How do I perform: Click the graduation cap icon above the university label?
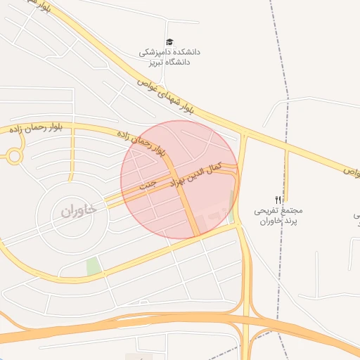click(x=169, y=43)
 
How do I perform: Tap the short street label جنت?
click(x=146, y=186)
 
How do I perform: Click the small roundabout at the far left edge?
click(x=14, y=157)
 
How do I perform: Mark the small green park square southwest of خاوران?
click(x=93, y=266)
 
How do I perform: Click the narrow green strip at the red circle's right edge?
click(x=231, y=205)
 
